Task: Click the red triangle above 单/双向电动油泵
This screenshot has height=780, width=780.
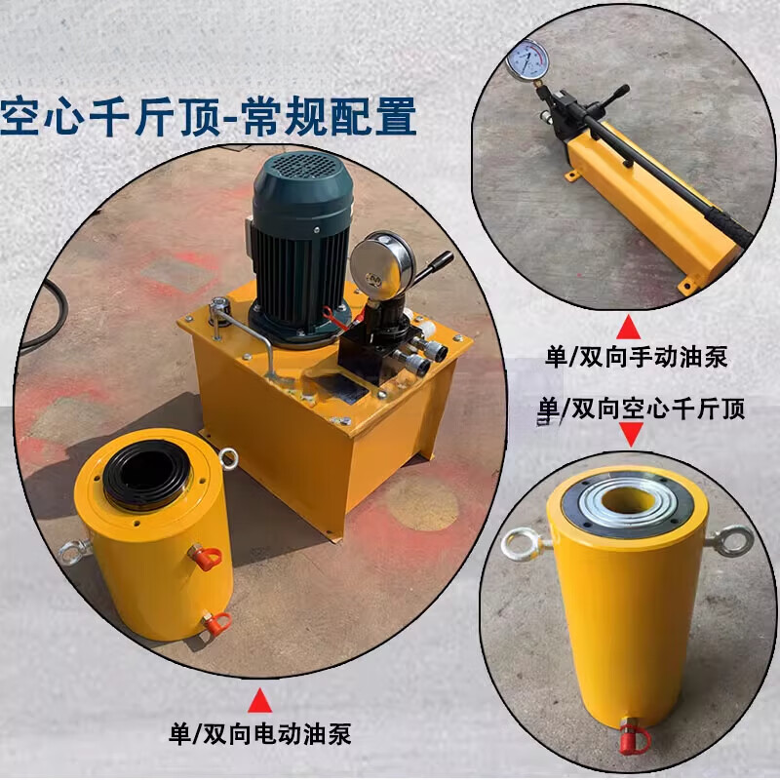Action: click(259, 698)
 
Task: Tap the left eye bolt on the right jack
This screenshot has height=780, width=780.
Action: click(522, 543)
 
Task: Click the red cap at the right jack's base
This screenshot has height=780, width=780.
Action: click(632, 739)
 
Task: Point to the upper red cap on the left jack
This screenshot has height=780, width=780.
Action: click(207, 557)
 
